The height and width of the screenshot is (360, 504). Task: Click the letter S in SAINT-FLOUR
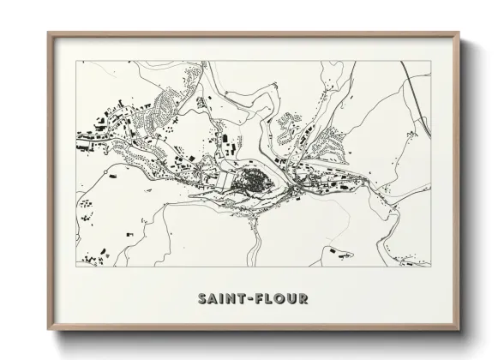pos(202,300)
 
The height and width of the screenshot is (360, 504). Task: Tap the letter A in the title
pos(213,300)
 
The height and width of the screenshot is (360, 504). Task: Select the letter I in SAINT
pos(223,300)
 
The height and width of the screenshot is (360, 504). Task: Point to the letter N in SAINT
pos(232,300)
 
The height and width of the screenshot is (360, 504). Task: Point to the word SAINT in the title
pos(223,300)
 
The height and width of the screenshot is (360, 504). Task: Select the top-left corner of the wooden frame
pos(48,33)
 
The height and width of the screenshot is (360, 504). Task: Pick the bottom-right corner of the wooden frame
pos(459,330)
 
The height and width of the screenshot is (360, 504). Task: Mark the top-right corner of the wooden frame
pos(459,33)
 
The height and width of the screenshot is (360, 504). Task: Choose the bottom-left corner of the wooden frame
pos(48,330)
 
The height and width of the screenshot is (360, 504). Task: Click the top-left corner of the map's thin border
pos(77,61)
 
